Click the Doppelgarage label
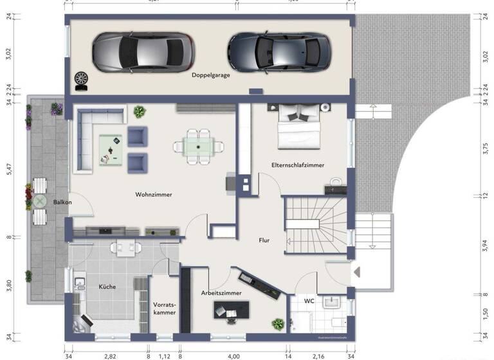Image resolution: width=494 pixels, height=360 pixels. coord(210,75)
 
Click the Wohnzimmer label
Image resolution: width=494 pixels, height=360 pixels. coord(154,194)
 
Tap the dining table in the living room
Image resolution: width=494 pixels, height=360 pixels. coord(197,146)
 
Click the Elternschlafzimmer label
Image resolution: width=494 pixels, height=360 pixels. coord(298,165)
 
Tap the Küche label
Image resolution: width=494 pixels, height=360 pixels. coord(107,287)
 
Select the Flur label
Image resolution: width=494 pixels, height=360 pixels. coord(264,240)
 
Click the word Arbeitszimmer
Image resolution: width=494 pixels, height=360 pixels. coord(221,292)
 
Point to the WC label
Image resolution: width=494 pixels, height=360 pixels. coord(309,300)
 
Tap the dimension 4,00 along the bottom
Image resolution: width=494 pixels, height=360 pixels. coord(233,355)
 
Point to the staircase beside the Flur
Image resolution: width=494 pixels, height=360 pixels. coord(315,224)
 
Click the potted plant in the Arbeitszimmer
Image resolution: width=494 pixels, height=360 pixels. coord(278,324)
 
